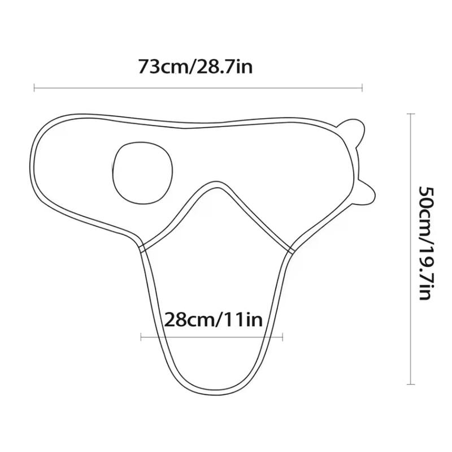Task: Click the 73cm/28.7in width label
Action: [x=195, y=67]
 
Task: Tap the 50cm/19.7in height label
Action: [x=426, y=244]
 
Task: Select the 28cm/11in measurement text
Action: [x=214, y=319]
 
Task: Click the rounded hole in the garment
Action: [x=143, y=172]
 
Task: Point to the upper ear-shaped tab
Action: [x=351, y=132]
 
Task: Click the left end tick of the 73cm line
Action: [x=34, y=88]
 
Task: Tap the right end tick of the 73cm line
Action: [x=362, y=88]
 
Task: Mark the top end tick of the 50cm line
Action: [x=411, y=114]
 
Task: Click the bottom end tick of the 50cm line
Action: [x=411, y=384]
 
